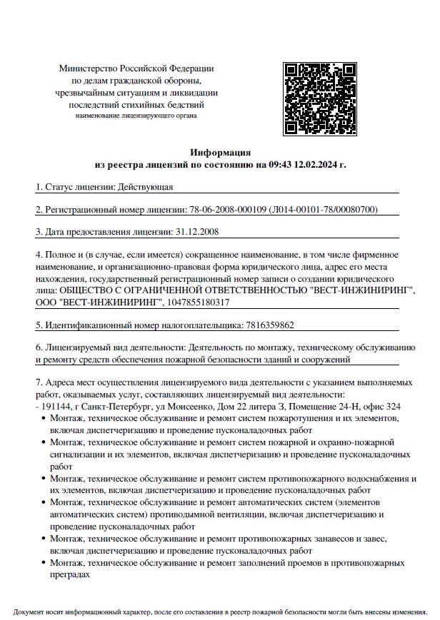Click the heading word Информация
tap(220, 152)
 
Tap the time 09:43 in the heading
tap(280, 165)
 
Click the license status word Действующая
tap(145, 188)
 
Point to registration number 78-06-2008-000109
tap(228, 210)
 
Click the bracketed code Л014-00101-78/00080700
tap(324, 210)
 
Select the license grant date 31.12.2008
tap(196, 232)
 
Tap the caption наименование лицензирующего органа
tap(136, 115)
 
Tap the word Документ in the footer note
tap(29, 612)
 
